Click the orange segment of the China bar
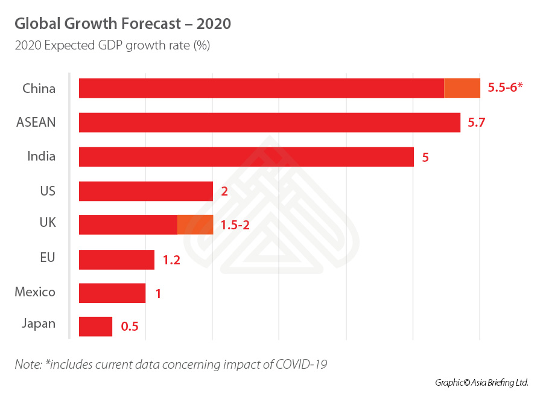point(462,88)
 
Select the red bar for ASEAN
point(269,123)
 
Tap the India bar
point(246,157)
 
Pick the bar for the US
point(146,191)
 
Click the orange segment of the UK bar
point(195,225)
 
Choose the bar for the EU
point(116,260)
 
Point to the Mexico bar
point(112,293)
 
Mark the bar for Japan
point(95,327)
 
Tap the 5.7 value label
point(477,123)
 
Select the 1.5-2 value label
point(235,226)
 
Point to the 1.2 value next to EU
point(171,260)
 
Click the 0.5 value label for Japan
point(130,327)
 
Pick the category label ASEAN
point(36,123)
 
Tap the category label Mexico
point(35,293)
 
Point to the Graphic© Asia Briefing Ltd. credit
point(481,383)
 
